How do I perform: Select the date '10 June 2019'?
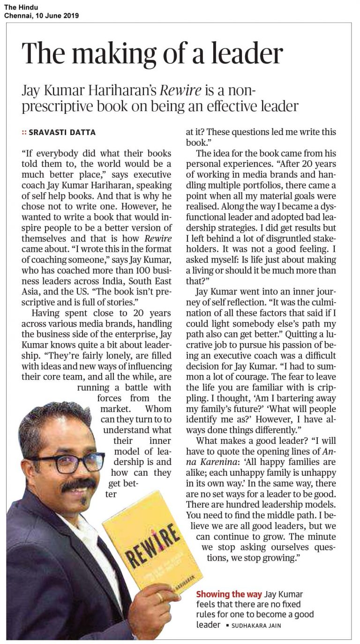tap(55, 15)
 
